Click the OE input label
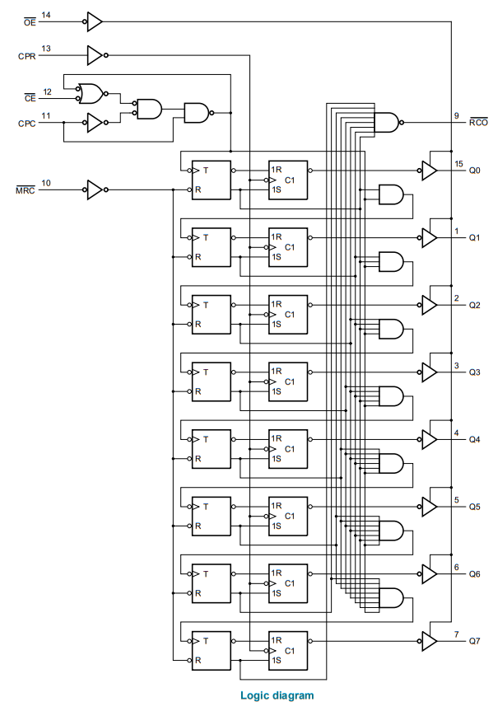coord(30,21)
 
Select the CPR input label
coord(26,56)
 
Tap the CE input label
coord(30,98)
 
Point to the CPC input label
coord(26,124)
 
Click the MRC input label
coord(26,190)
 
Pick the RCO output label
coord(478,122)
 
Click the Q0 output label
coord(474,171)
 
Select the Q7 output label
coord(474,641)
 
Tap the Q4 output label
coord(474,439)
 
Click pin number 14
coord(46,15)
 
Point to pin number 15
coord(458,164)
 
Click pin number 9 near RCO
coord(457,115)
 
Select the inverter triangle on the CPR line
coord(95,55)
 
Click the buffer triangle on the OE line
coord(95,21)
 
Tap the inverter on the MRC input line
coord(95,190)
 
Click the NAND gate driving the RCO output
coord(387,122)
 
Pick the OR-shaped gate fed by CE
coord(91,93)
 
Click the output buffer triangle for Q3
coord(429,372)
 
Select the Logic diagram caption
coord(277,695)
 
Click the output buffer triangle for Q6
coord(429,574)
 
